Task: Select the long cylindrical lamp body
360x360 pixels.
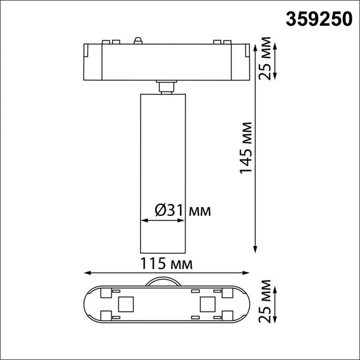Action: [x=162, y=171]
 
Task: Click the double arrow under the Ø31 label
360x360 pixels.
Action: [x=162, y=220]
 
